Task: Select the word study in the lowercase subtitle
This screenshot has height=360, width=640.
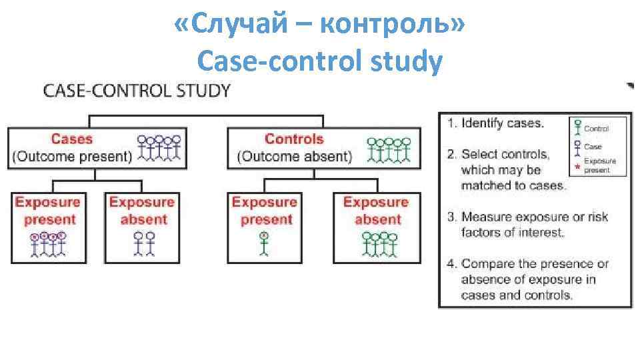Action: [x=408, y=62]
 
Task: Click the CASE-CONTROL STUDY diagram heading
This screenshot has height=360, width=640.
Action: [x=137, y=91]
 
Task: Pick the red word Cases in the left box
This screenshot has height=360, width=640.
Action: [x=71, y=139]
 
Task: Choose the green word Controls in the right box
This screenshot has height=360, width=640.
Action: [x=294, y=139]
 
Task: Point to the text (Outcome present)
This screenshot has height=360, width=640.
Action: [x=72, y=157]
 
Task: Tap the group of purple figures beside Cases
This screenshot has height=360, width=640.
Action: [x=159, y=149]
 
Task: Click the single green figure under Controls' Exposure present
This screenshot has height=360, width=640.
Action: [x=264, y=243]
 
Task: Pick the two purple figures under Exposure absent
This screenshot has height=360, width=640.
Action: [x=144, y=243]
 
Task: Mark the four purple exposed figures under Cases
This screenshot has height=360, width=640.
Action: [x=47, y=243]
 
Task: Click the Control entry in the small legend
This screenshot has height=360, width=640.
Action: [x=596, y=129]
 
